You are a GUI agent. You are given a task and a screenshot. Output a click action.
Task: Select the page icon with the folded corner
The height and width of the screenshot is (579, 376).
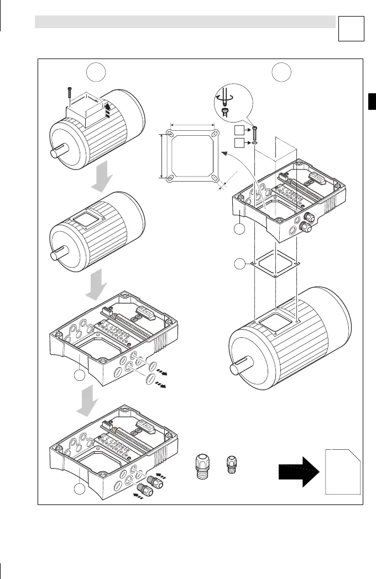point(343,472)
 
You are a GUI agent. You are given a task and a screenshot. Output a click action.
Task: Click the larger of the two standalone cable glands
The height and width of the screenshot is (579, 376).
point(203,469)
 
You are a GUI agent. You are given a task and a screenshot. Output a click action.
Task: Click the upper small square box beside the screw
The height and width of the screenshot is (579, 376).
point(239,131)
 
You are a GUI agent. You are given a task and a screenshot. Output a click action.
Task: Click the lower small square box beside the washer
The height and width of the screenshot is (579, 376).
point(239,144)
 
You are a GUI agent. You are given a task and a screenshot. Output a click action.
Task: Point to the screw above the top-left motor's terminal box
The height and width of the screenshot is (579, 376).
point(69,93)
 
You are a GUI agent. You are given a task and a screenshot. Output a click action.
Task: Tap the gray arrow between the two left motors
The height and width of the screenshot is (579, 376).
point(105,177)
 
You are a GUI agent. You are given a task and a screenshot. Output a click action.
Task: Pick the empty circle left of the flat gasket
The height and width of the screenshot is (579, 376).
point(239,264)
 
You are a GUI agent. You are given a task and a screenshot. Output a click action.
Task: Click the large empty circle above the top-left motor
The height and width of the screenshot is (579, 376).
point(98,71)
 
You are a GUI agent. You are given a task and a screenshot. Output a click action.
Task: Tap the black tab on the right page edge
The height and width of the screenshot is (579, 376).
point(372,102)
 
